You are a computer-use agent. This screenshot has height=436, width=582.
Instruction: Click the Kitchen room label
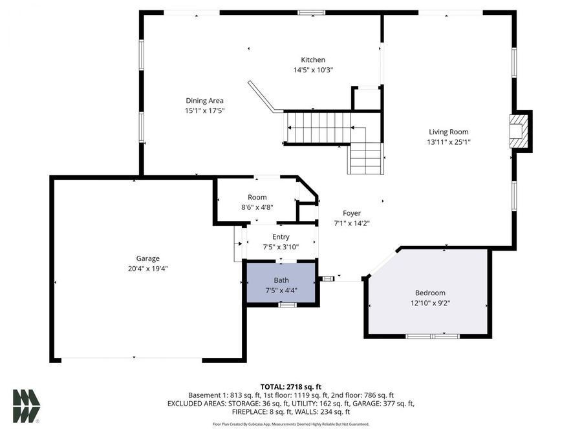[x=313, y=60]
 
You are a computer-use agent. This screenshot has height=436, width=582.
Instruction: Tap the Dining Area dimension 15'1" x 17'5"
[x=204, y=110]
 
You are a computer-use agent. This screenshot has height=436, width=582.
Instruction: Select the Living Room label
[x=447, y=132]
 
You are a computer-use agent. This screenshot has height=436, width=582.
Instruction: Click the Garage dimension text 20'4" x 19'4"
[x=147, y=268]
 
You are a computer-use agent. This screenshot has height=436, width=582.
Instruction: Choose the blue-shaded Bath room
[x=281, y=284]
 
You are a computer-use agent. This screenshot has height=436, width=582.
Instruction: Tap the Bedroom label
[x=430, y=293]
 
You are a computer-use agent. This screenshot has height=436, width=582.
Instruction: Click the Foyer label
[x=352, y=213]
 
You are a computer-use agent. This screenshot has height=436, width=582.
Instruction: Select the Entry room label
[x=281, y=237]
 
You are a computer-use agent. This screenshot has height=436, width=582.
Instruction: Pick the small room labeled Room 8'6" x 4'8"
[x=257, y=202]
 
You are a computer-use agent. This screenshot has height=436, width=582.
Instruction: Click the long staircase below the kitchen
[x=318, y=127]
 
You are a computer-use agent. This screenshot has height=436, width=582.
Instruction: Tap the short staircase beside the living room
[x=366, y=158]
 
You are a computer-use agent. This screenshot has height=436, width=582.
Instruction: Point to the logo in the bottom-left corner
[x=27, y=406]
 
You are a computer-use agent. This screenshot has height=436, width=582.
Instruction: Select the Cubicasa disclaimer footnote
[x=290, y=424]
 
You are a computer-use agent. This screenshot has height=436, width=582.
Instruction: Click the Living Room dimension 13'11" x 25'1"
[x=447, y=142]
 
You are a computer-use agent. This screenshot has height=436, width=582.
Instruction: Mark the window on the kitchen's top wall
[x=311, y=12]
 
